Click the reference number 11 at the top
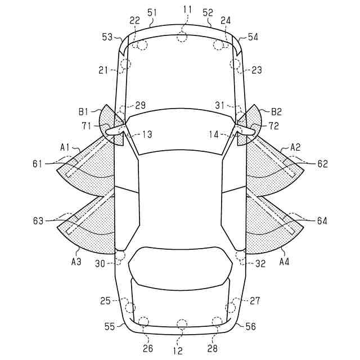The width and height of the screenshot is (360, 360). pyautogui.click(x=187, y=10)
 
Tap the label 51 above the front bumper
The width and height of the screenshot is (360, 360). pyautogui.click(x=152, y=12)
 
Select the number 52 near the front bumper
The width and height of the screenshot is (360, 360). pyautogui.click(x=208, y=12)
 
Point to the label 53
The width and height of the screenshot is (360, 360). pyautogui.click(x=107, y=37)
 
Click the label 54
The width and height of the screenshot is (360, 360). pyautogui.click(x=253, y=37)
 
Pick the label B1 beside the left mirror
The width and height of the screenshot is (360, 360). pyautogui.click(x=83, y=112)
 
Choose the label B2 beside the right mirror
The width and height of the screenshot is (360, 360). pyautogui.click(x=276, y=112)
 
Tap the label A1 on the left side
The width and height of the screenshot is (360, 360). pyautogui.click(x=65, y=147)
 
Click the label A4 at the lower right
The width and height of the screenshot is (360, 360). pyautogui.click(x=284, y=262)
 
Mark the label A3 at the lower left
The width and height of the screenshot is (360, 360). pyautogui.click(x=76, y=262)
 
